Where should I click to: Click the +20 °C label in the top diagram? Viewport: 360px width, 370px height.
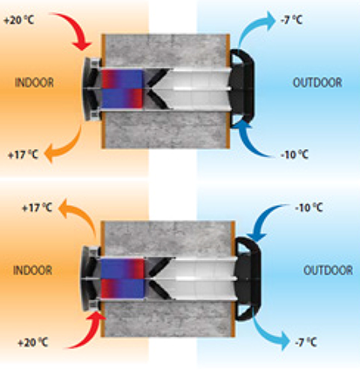tap(19, 20)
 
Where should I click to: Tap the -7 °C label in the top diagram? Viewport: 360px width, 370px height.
tap(291, 20)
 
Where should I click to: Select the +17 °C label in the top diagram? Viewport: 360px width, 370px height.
tap(23, 154)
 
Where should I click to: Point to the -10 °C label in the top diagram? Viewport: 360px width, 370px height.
tap(295, 154)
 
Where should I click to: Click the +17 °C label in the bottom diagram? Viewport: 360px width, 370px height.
tap(37, 208)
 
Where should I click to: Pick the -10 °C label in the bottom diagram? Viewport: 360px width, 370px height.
tap(309, 208)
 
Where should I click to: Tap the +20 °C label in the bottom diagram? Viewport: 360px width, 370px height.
tap(33, 342)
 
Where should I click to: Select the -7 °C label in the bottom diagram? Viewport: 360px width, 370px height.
tap(306, 342)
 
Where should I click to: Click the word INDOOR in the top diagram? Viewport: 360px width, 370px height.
tap(34, 83)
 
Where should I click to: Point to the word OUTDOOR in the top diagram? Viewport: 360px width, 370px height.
tap(317, 83)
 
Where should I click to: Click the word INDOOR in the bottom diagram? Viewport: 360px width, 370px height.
tap(33, 271)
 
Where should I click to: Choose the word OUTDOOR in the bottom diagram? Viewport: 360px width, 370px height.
tap(328, 271)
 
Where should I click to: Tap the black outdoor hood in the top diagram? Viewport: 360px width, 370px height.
tap(243, 88)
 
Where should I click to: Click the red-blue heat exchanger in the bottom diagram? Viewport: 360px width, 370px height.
tap(122, 278)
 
